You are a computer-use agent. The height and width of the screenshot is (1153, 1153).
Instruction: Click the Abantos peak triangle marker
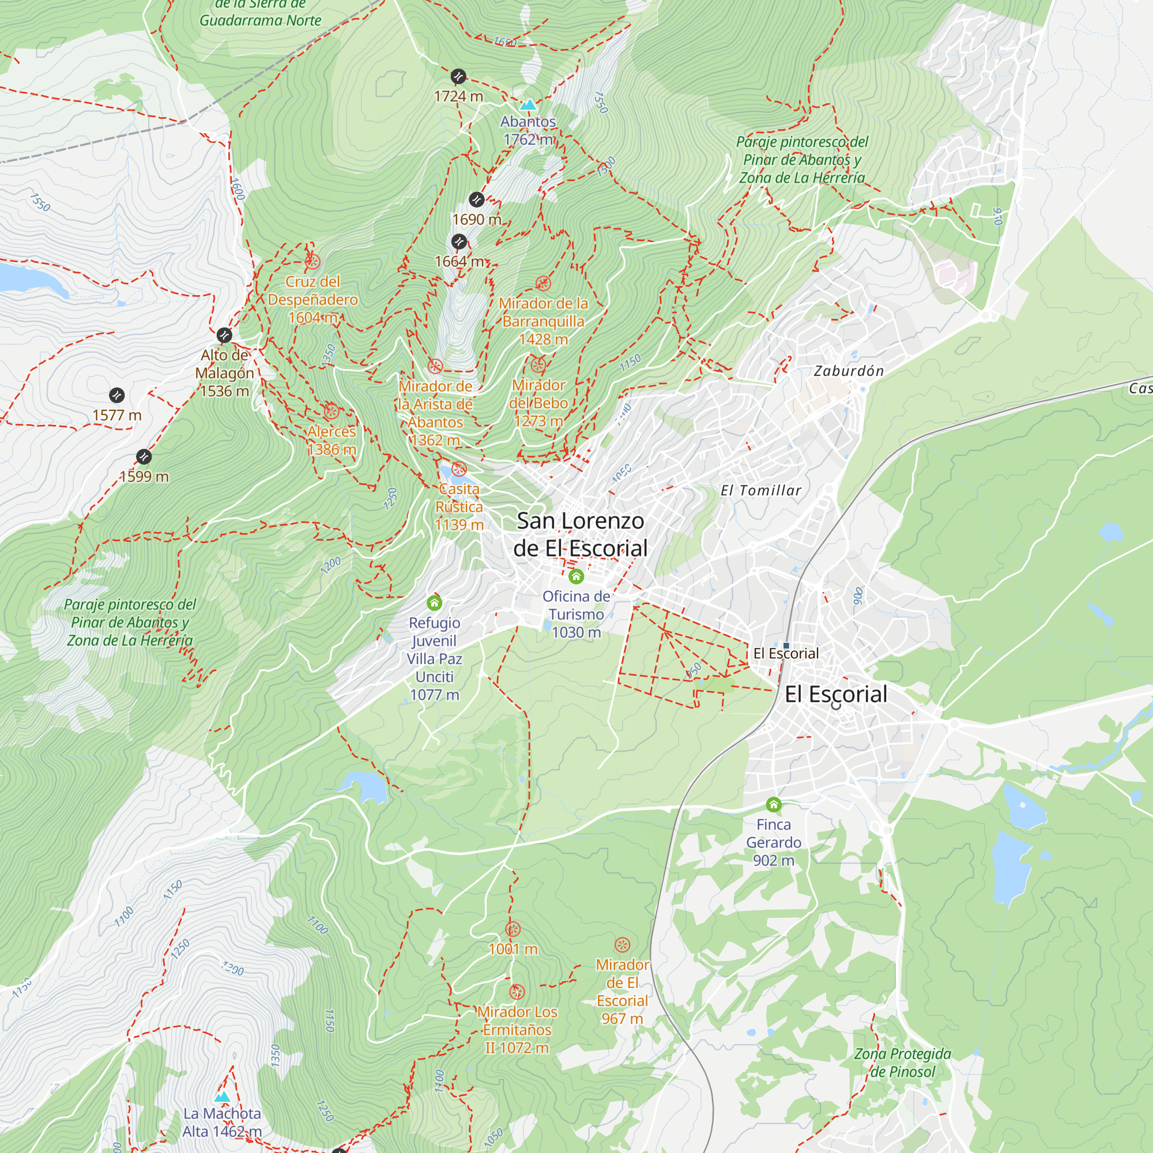[527, 105]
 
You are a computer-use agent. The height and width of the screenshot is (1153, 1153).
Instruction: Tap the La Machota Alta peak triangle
[222, 1097]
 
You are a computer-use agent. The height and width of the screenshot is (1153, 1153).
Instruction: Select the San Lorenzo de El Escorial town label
[580, 534]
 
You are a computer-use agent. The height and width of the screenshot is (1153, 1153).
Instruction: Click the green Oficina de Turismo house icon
[576, 576]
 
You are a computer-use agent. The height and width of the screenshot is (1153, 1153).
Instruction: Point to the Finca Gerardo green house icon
[774, 804]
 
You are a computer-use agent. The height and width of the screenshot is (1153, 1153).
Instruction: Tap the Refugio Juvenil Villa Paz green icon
[435, 603]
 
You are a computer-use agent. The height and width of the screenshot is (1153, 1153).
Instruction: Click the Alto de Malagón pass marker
[224, 335]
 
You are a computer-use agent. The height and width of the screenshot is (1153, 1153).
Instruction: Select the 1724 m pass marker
[458, 77]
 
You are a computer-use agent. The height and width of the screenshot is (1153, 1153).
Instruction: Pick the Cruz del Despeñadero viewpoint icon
[312, 261]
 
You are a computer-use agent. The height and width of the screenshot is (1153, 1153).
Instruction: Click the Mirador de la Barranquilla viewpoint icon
[542, 283]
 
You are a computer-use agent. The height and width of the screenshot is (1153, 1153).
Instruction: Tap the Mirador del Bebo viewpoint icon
[538, 365]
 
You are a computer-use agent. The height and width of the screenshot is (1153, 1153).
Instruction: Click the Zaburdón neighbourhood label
[849, 371]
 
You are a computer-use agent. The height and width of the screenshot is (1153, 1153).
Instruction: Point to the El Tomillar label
[761, 491]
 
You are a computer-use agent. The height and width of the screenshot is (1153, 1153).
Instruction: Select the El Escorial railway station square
[786, 645]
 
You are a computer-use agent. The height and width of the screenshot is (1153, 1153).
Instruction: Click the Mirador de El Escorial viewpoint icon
[622, 945]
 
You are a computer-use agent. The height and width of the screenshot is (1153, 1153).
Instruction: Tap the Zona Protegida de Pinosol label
[902, 1062]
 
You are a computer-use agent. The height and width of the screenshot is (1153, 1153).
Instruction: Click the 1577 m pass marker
[117, 395]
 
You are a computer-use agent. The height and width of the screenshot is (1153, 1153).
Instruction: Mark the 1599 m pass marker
[144, 457]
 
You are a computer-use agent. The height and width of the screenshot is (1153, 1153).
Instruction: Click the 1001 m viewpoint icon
[513, 929]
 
